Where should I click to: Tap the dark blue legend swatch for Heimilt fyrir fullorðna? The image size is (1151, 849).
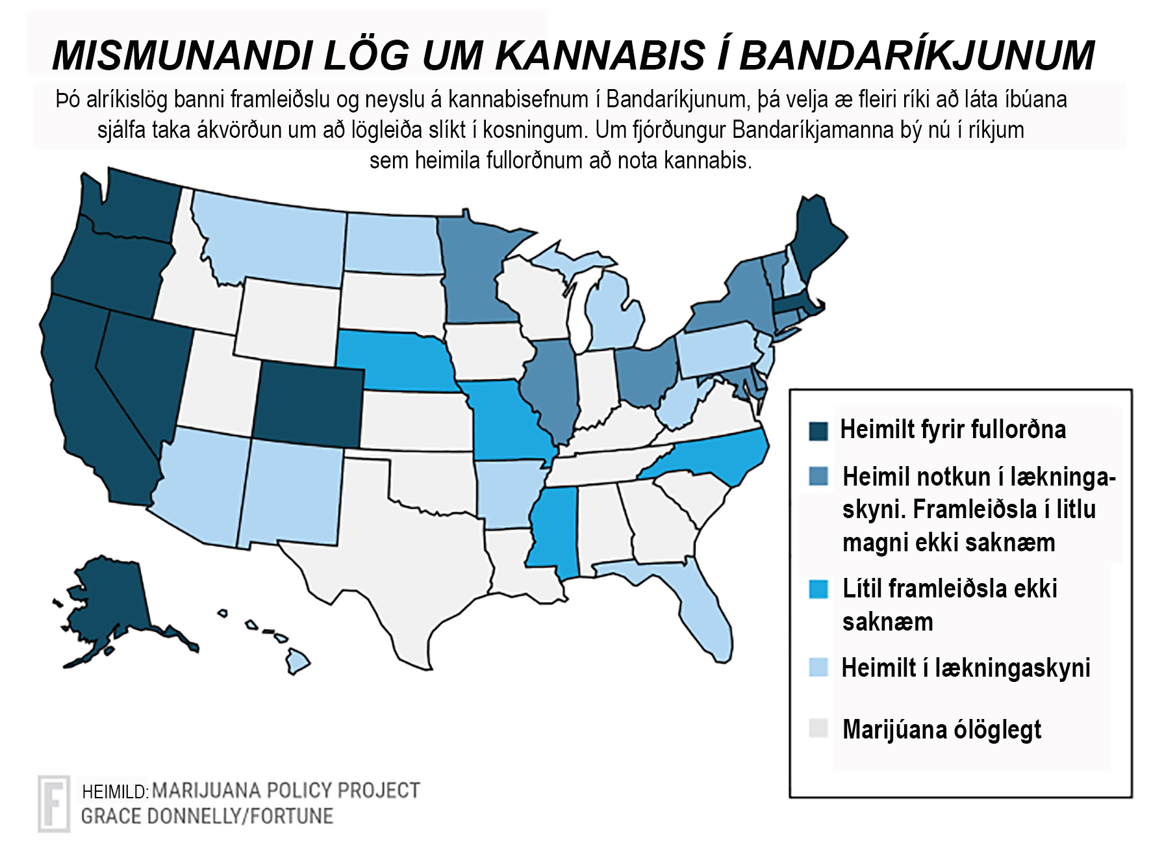click(x=818, y=430)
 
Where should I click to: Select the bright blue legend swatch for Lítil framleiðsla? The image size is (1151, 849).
click(x=818, y=589)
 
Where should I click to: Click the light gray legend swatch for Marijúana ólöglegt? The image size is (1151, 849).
click(x=818, y=728)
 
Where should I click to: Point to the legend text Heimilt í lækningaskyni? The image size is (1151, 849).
click(x=965, y=668)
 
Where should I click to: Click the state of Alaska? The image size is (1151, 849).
click(x=110, y=605)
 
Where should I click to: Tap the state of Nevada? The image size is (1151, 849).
click(x=143, y=364)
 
